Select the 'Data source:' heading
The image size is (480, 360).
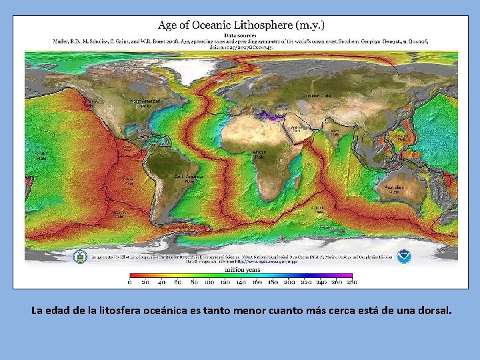tap(241, 34)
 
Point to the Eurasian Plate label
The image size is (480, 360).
tap(317, 96)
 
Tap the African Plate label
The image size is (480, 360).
tap(259, 154)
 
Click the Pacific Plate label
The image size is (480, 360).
tap(41, 155)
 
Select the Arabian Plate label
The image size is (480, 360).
tap(297, 128)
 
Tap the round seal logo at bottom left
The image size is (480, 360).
tap(80, 255)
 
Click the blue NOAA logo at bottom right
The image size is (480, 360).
tap(403, 255)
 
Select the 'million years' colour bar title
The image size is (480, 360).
tap(242, 269)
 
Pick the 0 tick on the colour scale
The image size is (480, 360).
tap(130, 283)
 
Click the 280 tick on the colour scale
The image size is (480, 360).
tap(351, 283)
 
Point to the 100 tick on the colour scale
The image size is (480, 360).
tap(209, 283)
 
